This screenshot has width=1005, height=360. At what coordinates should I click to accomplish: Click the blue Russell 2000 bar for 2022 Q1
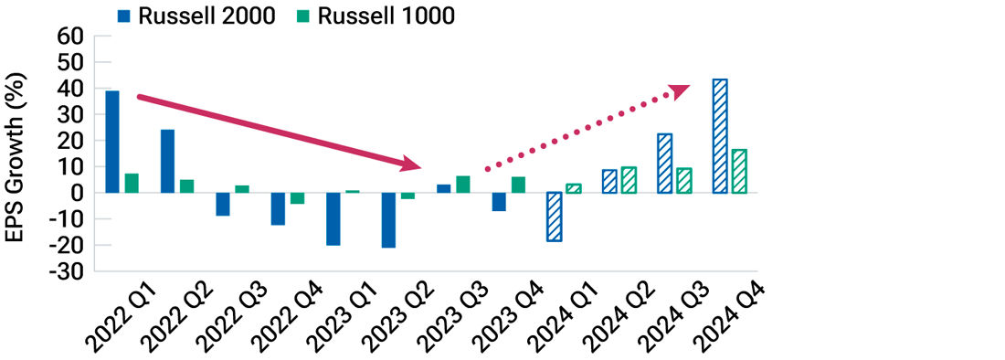[112, 142]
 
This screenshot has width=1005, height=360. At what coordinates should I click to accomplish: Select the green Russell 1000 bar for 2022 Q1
[132, 183]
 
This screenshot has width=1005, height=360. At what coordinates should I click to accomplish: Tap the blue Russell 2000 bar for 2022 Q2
[167, 161]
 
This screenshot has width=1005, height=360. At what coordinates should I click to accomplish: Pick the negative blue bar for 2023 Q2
[388, 219]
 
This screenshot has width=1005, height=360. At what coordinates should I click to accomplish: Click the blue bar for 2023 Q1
[333, 218]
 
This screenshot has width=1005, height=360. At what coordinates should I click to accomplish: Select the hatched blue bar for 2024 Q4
[720, 136]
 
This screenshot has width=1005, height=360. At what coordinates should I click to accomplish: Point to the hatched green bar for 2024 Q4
[738, 171]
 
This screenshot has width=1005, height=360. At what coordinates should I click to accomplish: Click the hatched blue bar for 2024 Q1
[554, 217]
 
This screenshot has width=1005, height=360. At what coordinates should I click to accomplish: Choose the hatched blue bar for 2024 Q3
[664, 164]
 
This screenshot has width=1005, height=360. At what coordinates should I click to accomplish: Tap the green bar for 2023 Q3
[462, 185]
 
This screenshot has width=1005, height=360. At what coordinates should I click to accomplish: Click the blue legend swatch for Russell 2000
[124, 15]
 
